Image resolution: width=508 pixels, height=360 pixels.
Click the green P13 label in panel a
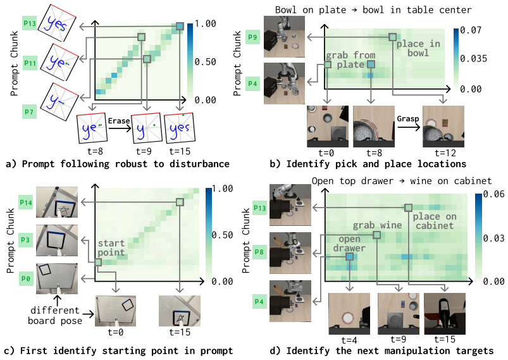click(x=30, y=23)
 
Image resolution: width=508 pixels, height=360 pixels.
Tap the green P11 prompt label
click(x=30, y=63)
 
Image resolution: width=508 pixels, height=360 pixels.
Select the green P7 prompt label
click(x=29, y=112)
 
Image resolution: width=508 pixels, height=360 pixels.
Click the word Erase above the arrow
click(x=119, y=121)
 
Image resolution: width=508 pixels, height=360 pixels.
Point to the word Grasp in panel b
click(x=408, y=119)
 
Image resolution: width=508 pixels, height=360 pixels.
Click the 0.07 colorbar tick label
click(x=471, y=30)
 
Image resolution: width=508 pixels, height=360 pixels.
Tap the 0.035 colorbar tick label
click(x=473, y=58)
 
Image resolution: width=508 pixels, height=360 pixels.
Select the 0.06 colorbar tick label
click(x=493, y=194)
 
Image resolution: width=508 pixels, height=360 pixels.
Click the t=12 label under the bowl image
click(x=445, y=152)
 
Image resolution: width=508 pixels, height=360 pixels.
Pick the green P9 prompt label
click(x=252, y=37)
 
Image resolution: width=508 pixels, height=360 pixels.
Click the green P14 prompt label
click(x=26, y=202)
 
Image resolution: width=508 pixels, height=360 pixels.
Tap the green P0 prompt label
click(x=26, y=278)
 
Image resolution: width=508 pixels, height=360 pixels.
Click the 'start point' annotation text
click(x=111, y=247)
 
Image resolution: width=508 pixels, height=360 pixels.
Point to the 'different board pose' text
click(x=55, y=315)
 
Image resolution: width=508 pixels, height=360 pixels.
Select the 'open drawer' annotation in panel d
click(x=349, y=244)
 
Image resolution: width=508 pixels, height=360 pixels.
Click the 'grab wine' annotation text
click(x=377, y=225)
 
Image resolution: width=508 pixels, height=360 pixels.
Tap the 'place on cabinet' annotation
click(x=435, y=221)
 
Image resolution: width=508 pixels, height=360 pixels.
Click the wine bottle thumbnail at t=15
click(x=445, y=314)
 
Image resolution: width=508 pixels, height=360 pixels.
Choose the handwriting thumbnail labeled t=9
click(x=147, y=128)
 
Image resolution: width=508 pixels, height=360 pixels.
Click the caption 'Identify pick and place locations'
click(x=376, y=164)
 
